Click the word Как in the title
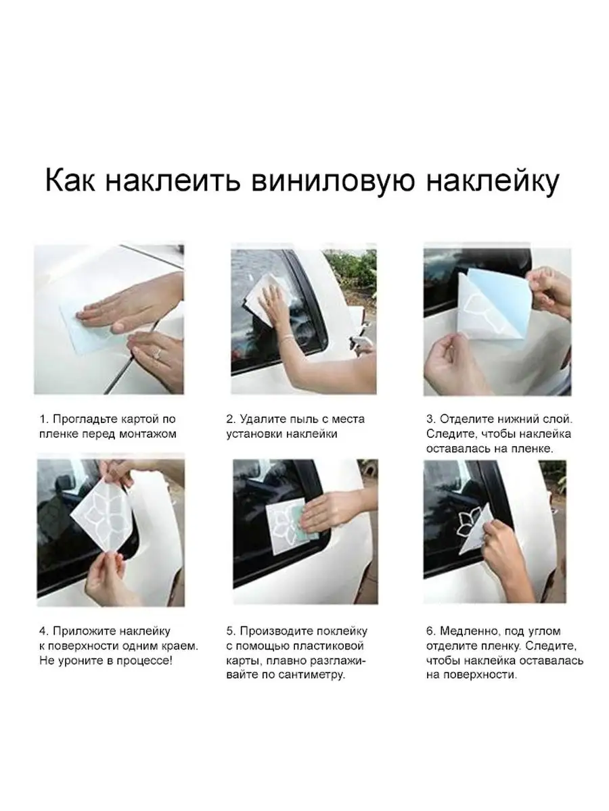tap(70, 180)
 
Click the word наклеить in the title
tap(173, 180)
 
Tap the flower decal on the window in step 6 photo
tap(467, 524)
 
